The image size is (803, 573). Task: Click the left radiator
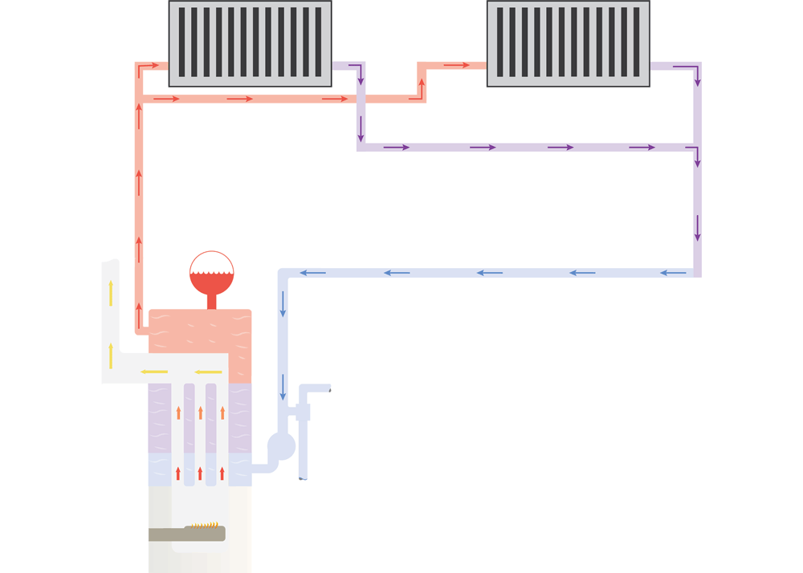(250, 43)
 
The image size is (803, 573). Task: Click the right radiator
(569, 43)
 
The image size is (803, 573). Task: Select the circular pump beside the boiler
(281, 446)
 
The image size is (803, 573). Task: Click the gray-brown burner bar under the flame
(186, 534)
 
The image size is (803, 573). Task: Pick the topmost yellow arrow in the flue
(111, 294)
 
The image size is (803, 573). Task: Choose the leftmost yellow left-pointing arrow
(154, 372)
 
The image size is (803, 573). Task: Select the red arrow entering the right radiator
(456, 65)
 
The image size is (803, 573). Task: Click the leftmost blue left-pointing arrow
(313, 273)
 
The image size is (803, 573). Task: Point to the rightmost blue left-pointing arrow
(673, 273)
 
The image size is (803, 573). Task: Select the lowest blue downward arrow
(283, 387)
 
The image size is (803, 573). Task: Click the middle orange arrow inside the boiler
(201, 412)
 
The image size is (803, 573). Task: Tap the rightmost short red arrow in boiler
(222, 473)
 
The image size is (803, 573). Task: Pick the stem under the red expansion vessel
(212, 302)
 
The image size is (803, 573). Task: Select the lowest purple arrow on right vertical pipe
(698, 228)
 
